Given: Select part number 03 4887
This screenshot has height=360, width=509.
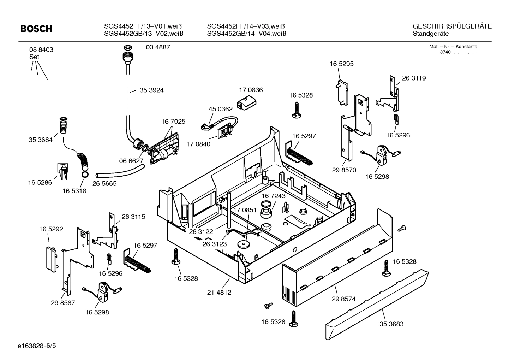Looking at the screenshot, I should (x=158, y=47).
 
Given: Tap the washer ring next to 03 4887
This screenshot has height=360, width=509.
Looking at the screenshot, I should (x=128, y=47).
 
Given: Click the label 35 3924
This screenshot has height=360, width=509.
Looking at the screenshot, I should (x=151, y=90).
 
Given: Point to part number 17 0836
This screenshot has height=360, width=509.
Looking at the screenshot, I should (x=251, y=90).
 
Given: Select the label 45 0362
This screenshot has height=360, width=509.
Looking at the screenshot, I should (x=221, y=109).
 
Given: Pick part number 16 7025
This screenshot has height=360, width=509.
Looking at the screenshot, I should (x=173, y=122).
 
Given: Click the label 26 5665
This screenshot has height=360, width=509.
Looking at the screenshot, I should (x=104, y=184).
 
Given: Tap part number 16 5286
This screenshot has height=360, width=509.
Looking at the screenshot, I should (x=40, y=183).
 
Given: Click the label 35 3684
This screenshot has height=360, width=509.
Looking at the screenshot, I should (x=40, y=140).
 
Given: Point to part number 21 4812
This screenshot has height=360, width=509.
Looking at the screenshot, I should (x=219, y=293).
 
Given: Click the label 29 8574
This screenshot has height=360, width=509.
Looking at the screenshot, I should (x=343, y=299).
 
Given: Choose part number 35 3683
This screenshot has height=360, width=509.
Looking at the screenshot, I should (x=391, y=324).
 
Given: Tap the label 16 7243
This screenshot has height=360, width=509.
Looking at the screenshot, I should (x=274, y=196).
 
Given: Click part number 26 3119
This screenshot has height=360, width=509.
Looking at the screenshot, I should (x=414, y=78).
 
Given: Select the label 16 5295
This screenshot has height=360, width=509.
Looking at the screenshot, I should (x=341, y=64).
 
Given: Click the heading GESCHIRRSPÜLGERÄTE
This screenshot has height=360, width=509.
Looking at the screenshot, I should (x=452, y=26).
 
